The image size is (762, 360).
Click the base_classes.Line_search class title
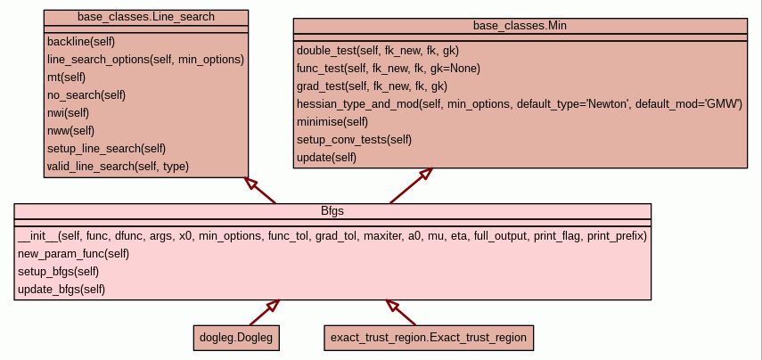pyautogui.click(x=146, y=17)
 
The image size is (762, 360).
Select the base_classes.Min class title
pyautogui.click(x=520, y=26)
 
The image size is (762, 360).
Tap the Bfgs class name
pyautogui.click(x=332, y=211)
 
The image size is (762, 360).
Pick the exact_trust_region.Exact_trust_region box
pyautogui.click(x=429, y=338)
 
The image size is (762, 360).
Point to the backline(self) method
pyautogui.click(x=81, y=41)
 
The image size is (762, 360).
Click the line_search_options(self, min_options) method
pyautogui.click(x=145, y=59)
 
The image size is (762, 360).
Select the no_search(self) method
pyautogui.click(x=86, y=94)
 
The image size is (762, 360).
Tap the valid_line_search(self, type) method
pyautogui.click(x=118, y=166)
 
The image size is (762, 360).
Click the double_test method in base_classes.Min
pyautogui.click(x=378, y=51)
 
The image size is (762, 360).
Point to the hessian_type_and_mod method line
pyautogui.click(x=520, y=104)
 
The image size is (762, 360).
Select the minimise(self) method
pyautogui.click(x=332, y=122)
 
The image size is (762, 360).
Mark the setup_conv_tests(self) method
pyautogui.click(x=354, y=140)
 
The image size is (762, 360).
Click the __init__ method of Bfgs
pyautogui.click(x=332, y=236)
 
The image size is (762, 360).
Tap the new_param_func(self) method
pyautogui.click(x=74, y=254)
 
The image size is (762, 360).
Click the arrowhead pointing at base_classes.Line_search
pyautogui.click(x=251, y=184)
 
